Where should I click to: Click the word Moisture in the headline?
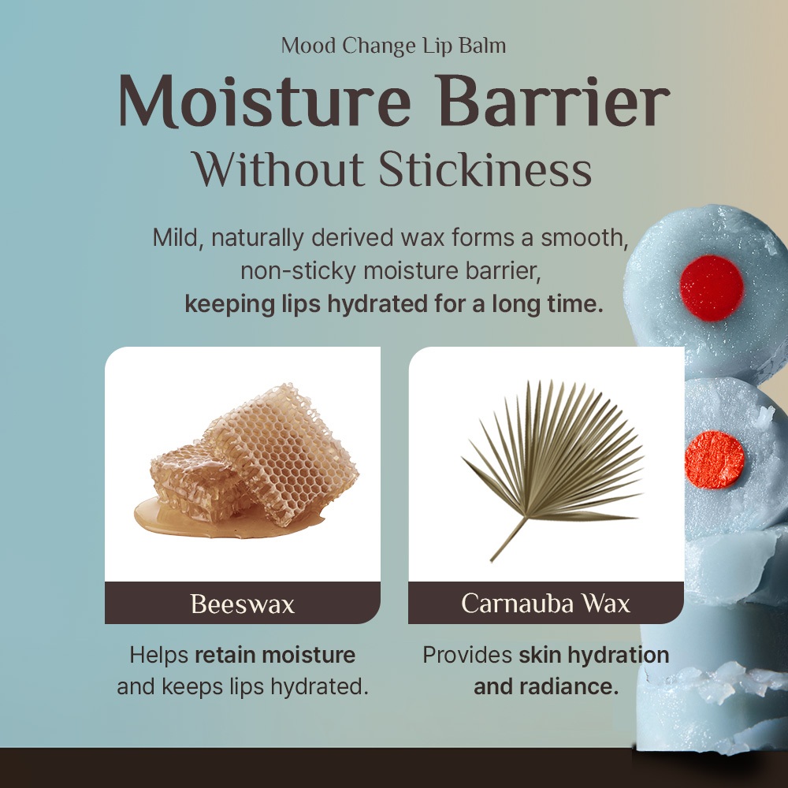point(264,101)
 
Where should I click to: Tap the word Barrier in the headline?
point(553,101)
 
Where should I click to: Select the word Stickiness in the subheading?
point(485,169)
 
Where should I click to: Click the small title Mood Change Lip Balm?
point(393,46)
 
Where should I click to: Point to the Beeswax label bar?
point(242,603)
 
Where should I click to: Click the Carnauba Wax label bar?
point(546,603)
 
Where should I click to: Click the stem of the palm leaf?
point(508,540)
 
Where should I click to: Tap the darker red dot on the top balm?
point(711,288)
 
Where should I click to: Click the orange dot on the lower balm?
point(714,459)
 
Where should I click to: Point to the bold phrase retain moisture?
point(275,655)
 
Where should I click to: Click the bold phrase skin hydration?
point(594,655)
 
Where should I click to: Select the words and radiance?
point(546,686)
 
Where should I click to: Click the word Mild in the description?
point(178,237)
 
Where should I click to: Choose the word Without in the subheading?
point(279,169)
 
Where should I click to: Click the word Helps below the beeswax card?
point(159,656)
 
